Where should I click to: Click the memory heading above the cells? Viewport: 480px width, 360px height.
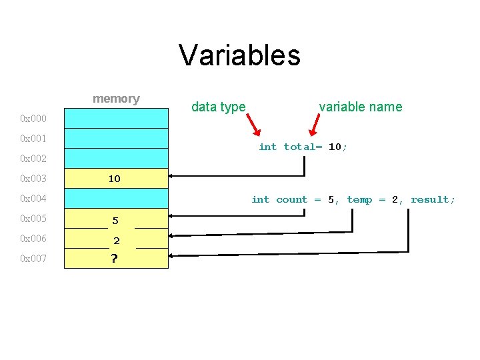[116, 99]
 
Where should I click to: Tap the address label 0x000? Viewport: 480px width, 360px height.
[33, 119]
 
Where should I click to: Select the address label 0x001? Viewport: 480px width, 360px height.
[33, 139]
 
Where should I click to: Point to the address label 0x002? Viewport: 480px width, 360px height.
[33, 159]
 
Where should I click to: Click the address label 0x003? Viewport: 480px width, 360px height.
[33, 179]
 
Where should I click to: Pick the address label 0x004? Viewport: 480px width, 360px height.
[33, 199]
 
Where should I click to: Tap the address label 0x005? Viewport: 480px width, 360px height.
[33, 219]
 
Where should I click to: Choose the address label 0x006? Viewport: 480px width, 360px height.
[33, 239]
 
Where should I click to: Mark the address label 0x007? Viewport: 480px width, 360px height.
[33, 259]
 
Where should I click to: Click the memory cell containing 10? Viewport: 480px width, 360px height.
[115, 179]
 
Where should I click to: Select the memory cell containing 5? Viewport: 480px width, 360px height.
[115, 220]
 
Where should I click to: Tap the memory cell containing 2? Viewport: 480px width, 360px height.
[116, 241]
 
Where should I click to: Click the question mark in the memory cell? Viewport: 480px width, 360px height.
[115, 259]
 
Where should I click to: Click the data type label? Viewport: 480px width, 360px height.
[218, 107]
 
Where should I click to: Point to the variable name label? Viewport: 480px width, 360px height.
[360, 107]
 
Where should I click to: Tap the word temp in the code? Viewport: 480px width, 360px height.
[359, 199]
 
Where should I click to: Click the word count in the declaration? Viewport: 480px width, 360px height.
[291, 199]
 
